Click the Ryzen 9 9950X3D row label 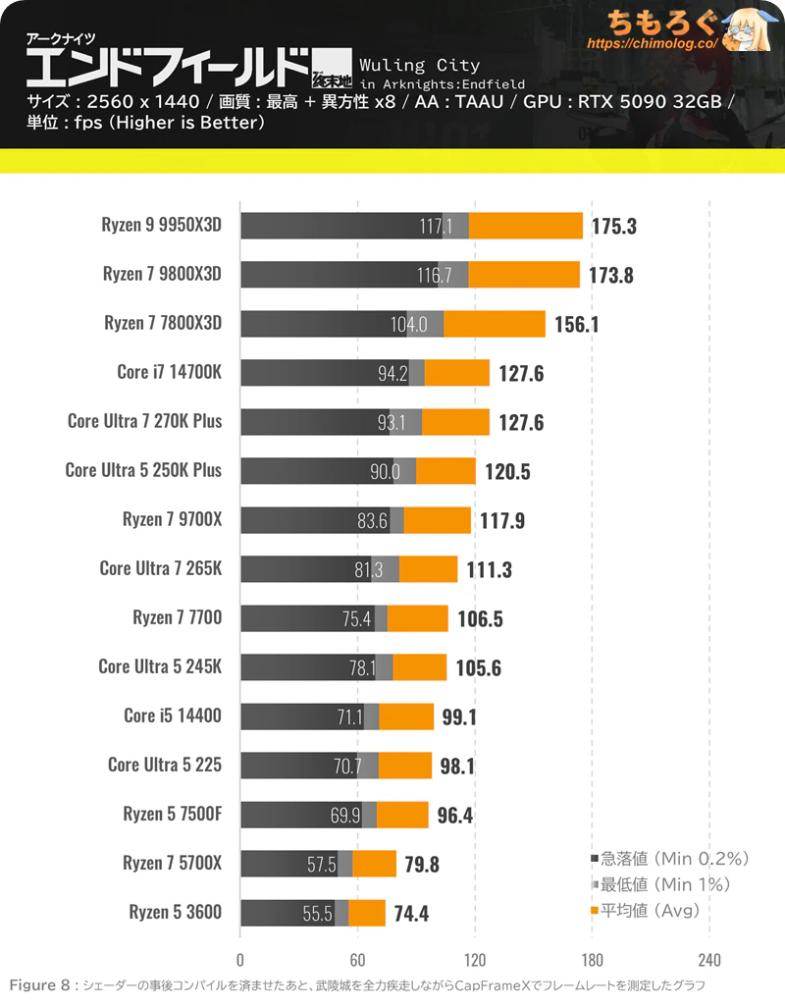tap(162, 225)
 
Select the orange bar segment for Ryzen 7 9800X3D tap(524, 274)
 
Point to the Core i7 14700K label tap(169, 372)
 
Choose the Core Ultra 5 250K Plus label tap(143, 470)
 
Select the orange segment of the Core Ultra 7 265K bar tap(429, 568)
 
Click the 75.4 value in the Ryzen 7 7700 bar tap(356, 618)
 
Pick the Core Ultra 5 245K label tap(160, 666)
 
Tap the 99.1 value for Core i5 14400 tap(459, 716)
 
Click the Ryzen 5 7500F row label tap(173, 814)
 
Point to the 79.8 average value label tap(423, 864)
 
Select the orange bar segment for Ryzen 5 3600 tap(367, 913)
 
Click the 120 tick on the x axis tap(475, 960)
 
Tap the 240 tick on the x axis tap(709, 960)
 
